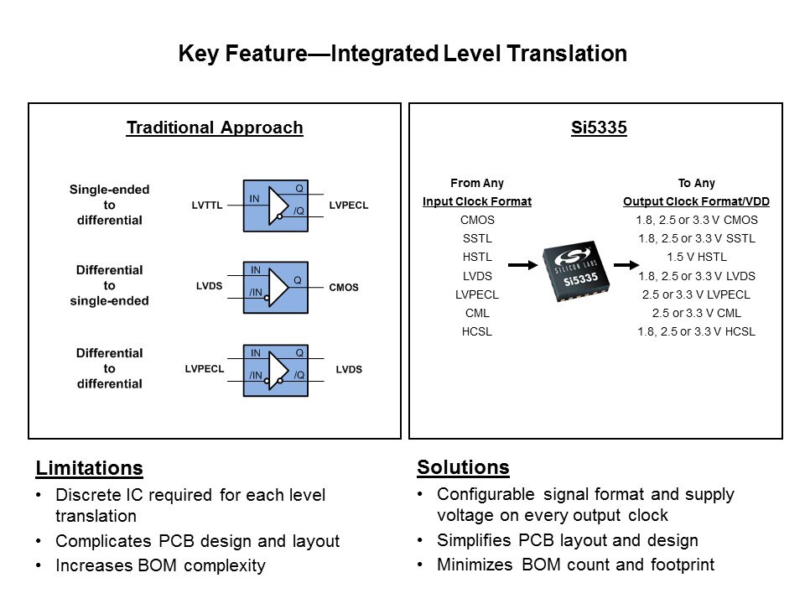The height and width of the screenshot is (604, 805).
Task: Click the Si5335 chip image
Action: click(x=576, y=271)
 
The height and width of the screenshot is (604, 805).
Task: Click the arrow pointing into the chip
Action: click(x=522, y=265)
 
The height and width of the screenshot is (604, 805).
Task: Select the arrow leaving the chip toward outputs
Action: click(x=626, y=265)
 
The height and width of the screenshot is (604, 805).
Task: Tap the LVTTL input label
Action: click(x=207, y=206)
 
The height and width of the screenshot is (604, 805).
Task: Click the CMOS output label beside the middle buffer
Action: click(x=344, y=288)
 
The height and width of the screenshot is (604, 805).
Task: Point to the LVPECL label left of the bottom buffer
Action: click(x=205, y=369)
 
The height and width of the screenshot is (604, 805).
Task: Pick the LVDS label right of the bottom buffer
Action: click(x=349, y=369)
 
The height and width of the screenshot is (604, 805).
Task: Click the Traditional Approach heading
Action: click(x=215, y=128)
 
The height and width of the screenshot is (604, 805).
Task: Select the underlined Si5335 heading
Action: click(x=599, y=128)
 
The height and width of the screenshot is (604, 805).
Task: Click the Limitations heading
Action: click(x=90, y=468)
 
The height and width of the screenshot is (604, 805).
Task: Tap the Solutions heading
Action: click(x=463, y=467)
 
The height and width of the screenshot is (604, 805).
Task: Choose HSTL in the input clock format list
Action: click(x=477, y=257)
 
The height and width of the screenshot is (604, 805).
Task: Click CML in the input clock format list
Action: click(x=477, y=313)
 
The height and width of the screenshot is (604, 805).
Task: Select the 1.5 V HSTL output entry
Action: click(x=697, y=257)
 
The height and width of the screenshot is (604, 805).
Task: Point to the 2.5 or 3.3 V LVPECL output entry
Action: click(x=696, y=294)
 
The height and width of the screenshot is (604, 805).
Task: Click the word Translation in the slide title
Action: click(x=567, y=54)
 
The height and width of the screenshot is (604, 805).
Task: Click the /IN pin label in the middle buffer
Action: click(x=256, y=292)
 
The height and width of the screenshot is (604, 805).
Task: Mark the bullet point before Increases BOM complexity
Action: click(x=39, y=565)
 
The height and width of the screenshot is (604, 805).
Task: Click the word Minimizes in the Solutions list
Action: click(x=475, y=565)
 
